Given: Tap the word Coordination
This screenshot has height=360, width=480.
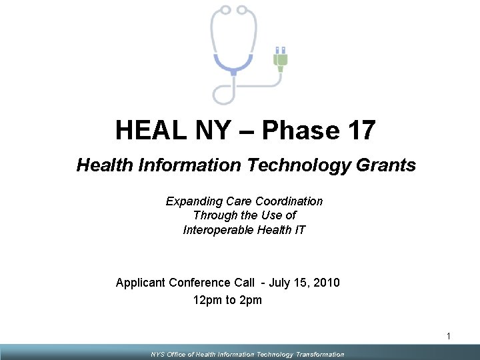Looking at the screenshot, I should click(x=291, y=201).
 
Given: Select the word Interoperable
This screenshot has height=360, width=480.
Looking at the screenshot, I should click(x=218, y=230).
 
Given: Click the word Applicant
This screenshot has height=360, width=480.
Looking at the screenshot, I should click(x=141, y=283).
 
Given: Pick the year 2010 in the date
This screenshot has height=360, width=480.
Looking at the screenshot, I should click(x=326, y=283).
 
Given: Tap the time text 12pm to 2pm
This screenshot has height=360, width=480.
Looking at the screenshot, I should click(x=227, y=300).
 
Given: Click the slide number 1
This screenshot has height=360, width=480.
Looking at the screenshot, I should click(x=449, y=337).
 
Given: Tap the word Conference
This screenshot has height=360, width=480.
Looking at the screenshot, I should click(x=201, y=283).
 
